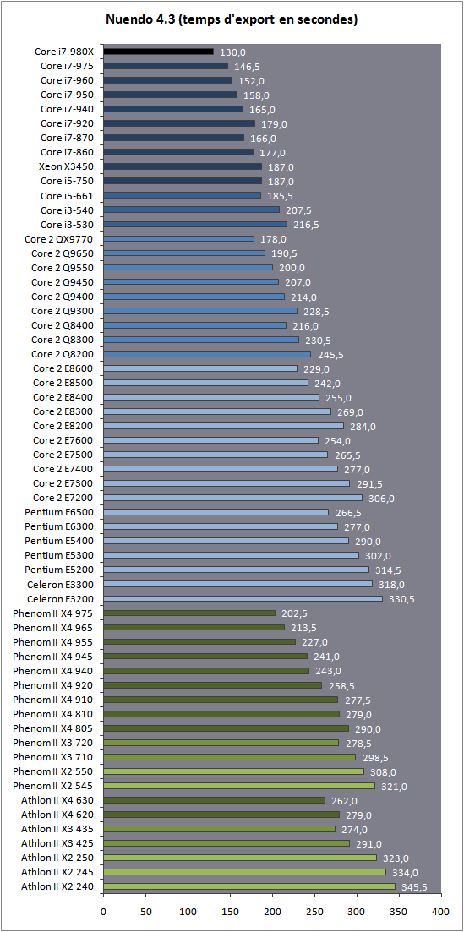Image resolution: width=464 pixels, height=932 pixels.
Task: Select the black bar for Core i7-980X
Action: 158,52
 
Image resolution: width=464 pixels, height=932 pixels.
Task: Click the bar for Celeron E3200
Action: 243,598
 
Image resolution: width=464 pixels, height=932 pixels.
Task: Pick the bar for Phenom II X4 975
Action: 189,613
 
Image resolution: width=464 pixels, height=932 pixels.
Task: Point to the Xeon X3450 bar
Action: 183,166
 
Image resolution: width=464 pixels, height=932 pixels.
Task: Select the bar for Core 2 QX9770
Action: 178,238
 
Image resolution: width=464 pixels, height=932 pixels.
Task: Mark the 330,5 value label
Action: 400,599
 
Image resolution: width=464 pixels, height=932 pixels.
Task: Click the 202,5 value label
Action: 292,613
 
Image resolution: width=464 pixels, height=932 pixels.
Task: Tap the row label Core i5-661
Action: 68,195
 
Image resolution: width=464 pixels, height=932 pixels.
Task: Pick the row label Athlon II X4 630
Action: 58,800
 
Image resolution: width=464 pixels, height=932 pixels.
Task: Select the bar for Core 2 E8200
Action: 223,426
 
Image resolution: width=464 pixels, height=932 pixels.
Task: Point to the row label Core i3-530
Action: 68,224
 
